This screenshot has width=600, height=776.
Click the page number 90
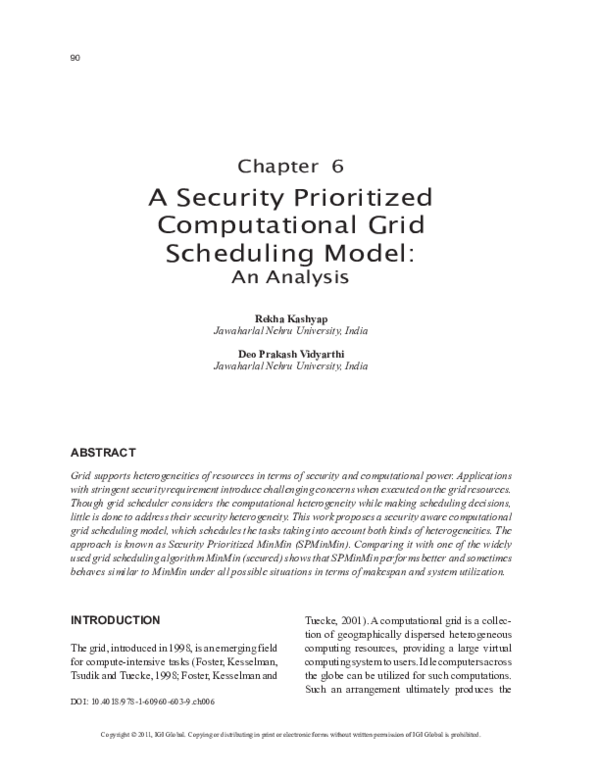pos(75,57)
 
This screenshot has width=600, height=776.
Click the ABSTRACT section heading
pos(103,451)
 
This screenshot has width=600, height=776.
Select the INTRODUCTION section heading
pos(115,620)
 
